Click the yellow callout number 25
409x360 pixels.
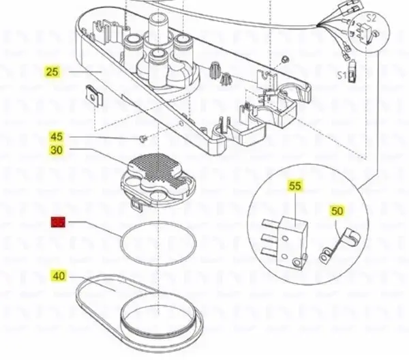(52, 71)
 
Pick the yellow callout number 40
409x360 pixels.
(58, 276)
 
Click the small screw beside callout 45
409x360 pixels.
(142, 138)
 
